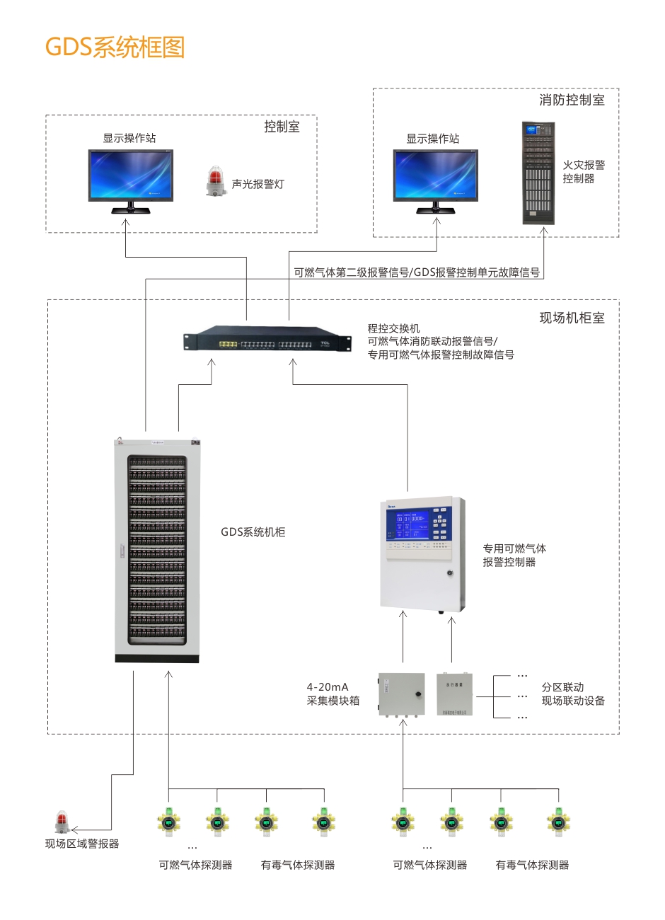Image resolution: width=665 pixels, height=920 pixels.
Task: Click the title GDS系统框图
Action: click(115, 47)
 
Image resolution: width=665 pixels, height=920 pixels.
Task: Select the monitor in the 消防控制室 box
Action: click(436, 176)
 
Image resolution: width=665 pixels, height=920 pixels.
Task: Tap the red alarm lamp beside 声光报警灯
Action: click(214, 182)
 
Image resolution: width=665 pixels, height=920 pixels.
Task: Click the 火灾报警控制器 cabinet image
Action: click(538, 173)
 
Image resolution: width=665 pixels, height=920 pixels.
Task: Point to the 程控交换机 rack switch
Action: click(267, 340)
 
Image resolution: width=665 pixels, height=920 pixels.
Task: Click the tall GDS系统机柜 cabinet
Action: click(157, 551)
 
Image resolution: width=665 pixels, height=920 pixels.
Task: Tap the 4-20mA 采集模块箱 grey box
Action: click(401, 694)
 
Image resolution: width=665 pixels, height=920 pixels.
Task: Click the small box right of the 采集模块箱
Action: click(454, 694)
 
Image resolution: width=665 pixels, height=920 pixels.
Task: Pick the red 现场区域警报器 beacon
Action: click(62, 822)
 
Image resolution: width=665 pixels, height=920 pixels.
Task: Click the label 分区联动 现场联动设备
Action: click(573, 694)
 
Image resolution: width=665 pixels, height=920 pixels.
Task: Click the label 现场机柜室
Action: click(572, 318)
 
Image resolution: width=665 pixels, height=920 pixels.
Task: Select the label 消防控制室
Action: click(572, 100)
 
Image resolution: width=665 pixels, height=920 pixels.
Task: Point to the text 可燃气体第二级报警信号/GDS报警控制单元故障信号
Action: click(417, 272)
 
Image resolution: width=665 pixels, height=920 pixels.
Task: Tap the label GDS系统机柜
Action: click(253, 532)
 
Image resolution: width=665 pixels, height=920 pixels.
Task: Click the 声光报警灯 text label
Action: click(258, 184)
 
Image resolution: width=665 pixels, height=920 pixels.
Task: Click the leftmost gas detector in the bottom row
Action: click(168, 822)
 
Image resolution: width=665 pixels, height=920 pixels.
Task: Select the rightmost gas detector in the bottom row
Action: click(558, 822)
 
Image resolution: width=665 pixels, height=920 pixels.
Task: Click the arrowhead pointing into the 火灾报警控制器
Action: click(544, 231)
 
